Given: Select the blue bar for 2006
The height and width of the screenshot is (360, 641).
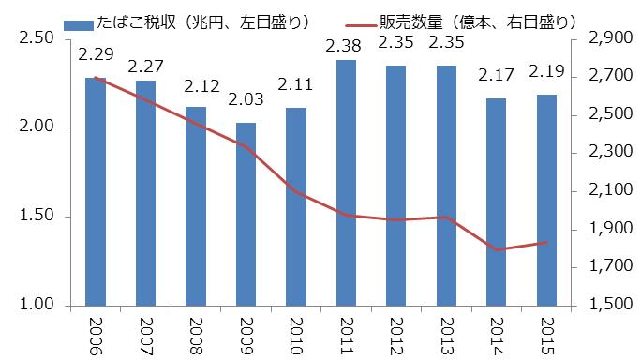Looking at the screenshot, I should click(95, 192).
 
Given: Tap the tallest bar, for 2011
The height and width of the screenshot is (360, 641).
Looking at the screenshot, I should click(346, 184).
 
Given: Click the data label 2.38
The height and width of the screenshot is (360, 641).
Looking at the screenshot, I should click(346, 43).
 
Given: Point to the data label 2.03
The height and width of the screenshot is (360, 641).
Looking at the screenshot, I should click(246, 107).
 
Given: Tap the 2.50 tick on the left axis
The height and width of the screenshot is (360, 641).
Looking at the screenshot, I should click(35, 37).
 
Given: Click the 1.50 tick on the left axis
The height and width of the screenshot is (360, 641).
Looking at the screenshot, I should click(35, 217).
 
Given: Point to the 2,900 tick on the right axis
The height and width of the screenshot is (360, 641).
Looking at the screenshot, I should click(608, 37).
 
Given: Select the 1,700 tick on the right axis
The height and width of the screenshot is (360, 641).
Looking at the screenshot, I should click(608, 267).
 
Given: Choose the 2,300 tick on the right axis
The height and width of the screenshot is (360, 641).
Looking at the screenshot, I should click(608, 152).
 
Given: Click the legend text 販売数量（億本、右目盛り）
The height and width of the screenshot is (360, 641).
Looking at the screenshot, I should click(487, 20).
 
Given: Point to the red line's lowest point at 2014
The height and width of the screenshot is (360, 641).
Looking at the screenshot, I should click(497, 250).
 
